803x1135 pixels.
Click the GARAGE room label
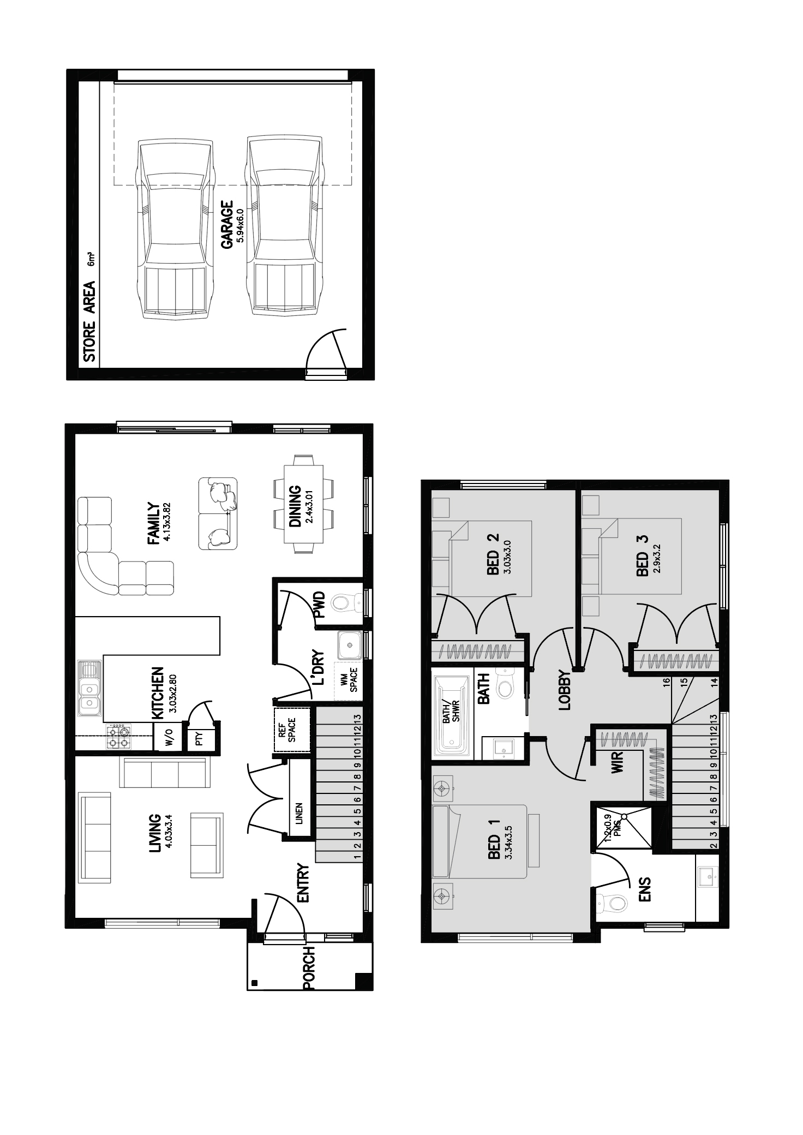click(x=226, y=225)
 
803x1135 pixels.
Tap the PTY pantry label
click(x=199, y=739)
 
